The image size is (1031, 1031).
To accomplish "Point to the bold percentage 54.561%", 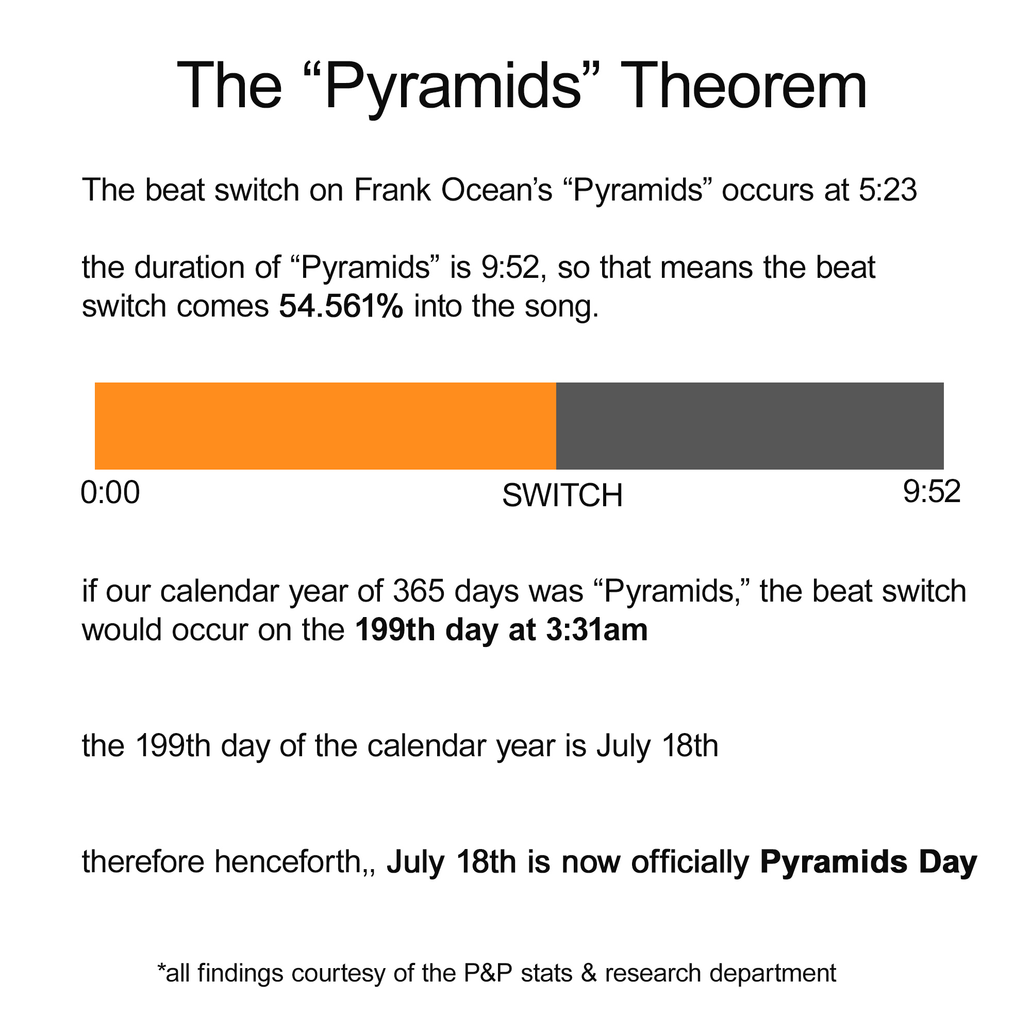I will pos(341,306).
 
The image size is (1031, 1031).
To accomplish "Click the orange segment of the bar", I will pos(325,426).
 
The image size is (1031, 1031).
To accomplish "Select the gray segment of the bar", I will pos(749,426).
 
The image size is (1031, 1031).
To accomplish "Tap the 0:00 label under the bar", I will pos(110,492).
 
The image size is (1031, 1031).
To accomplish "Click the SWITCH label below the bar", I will pos(562,496).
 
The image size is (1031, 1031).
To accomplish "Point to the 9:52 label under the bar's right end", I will pos(932,491).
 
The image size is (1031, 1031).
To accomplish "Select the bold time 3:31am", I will pos(596,630).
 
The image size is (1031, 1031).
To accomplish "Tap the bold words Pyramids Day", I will pos(868,862).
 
